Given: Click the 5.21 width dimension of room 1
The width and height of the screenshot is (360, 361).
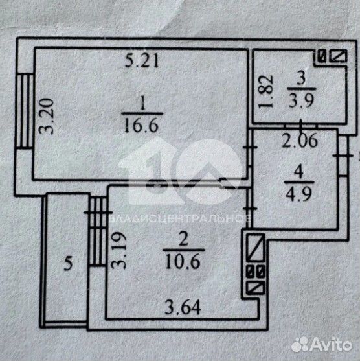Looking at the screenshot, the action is click(x=142, y=62).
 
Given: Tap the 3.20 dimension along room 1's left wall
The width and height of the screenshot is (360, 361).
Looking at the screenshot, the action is click(x=46, y=116).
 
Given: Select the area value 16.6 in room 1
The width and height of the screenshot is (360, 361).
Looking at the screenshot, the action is click(x=141, y=126).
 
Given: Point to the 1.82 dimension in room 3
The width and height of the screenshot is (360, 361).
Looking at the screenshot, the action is click(x=265, y=91).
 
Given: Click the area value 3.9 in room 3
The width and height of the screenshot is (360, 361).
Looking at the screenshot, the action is click(x=301, y=100).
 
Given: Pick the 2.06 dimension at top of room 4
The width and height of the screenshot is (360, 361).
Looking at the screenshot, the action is click(x=300, y=141).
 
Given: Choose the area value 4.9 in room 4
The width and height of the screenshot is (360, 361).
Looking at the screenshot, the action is click(x=298, y=194).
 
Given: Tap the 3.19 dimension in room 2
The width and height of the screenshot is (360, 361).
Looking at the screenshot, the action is click(x=118, y=250).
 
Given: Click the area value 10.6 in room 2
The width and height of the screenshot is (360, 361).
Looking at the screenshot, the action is click(x=183, y=262).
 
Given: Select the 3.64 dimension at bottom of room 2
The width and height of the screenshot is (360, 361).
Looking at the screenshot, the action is click(x=183, y=308).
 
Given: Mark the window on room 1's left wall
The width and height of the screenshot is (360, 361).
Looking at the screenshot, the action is click(x=25, y=111).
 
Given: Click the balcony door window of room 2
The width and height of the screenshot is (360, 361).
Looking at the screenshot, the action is click(x=98, y=231).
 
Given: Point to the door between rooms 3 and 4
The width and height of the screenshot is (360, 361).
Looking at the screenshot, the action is click(x=301, y=126).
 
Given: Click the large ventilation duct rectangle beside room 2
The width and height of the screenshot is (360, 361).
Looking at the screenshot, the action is click(x=255, y=248).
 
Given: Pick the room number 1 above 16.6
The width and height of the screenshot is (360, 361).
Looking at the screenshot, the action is click(x=142, y=104).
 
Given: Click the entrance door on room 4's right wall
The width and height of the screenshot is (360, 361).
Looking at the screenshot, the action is click(x=343, y=156).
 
